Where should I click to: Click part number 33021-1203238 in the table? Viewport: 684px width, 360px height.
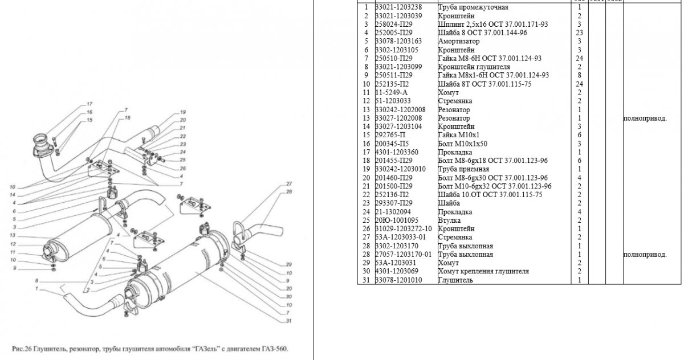point(399,7)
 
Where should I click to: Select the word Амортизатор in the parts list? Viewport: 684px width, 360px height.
point(458,42)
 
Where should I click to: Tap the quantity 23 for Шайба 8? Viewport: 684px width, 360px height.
point(579,33)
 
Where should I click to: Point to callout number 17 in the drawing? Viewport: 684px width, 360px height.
point(89,104)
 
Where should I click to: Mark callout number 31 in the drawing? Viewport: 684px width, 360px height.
point(289,321)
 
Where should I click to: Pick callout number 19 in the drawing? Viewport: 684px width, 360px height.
point(183,112)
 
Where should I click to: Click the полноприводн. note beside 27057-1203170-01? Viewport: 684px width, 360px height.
point(645,255)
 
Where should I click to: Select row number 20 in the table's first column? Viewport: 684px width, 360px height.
point(367,178)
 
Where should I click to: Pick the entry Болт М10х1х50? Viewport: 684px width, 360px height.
point(463,144)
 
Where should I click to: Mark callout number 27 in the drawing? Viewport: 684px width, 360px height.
point(289,183)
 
